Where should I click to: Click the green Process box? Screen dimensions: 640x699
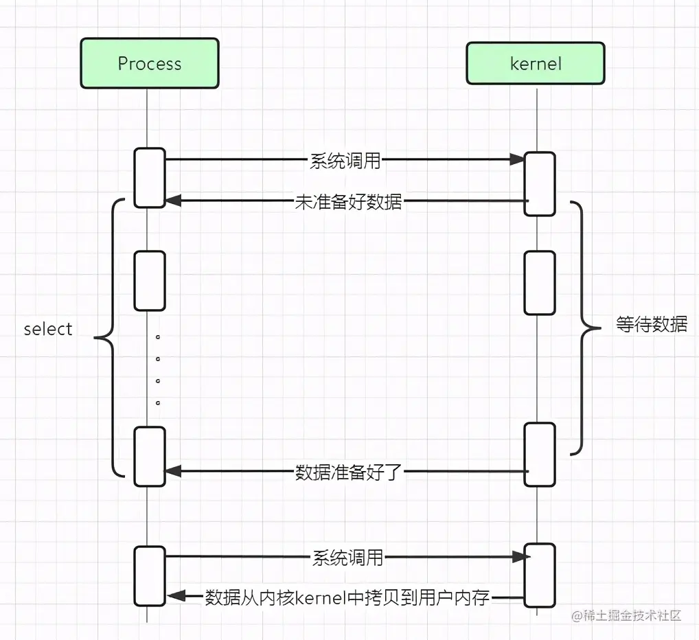[150, 63]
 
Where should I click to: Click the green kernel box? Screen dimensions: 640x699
[536, 63]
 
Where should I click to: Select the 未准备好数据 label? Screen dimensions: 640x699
[349, 201]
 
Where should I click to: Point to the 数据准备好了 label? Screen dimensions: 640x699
[347, 472]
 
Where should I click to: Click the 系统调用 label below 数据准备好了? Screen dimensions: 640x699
[347, 557]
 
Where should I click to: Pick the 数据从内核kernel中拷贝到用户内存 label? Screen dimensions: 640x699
[347, 597]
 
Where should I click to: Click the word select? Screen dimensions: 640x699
[48, 329]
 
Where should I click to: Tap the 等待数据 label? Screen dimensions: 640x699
[652, 324]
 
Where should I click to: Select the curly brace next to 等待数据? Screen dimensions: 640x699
[584, 328]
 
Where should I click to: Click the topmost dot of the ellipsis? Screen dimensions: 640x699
[158, 338]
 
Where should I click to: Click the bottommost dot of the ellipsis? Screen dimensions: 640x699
[158, 402]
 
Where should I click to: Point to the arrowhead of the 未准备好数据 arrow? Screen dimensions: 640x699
[172, 201]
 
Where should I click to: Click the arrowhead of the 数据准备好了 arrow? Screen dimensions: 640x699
[172, 472]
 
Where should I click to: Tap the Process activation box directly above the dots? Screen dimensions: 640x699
[150, 281]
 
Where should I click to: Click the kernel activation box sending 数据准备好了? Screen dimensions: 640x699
[539, 454]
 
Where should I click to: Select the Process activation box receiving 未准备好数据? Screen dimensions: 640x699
[150, 177]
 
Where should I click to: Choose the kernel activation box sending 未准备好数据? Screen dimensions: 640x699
[539, 183]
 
